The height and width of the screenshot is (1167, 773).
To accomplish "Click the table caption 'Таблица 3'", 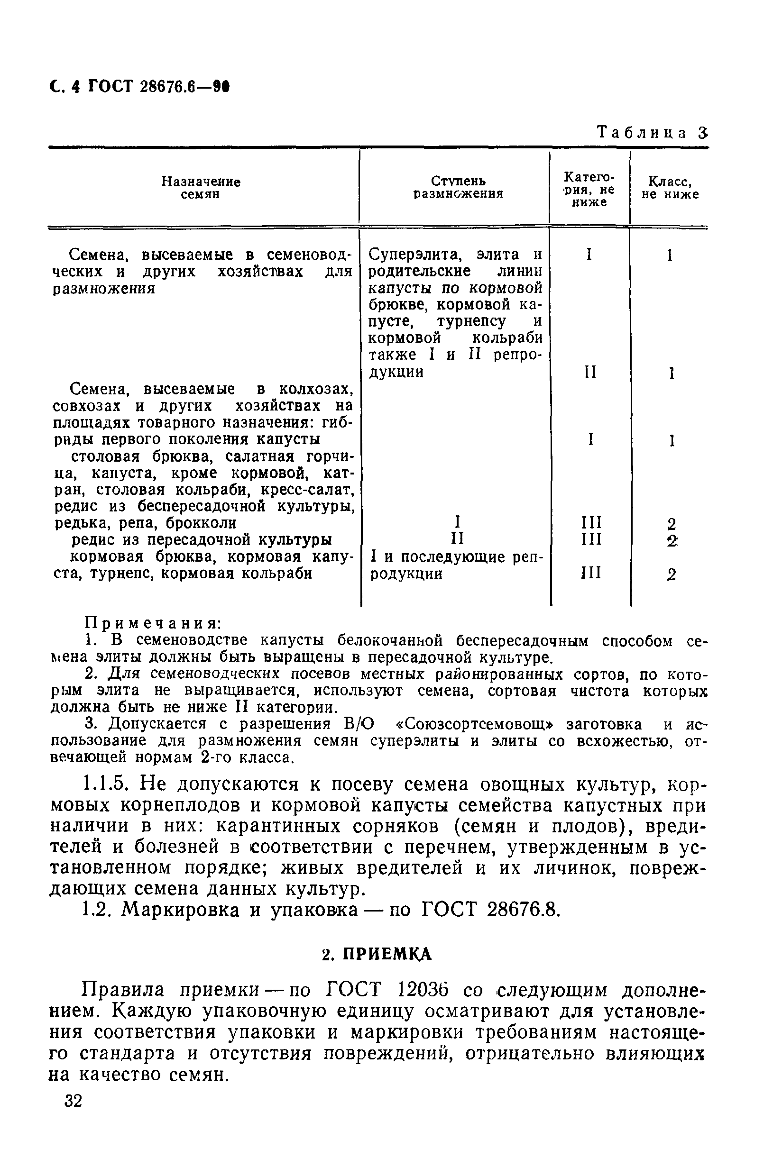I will (x=652, y=133).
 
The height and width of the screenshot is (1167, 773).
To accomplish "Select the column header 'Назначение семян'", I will (x=201, y=188).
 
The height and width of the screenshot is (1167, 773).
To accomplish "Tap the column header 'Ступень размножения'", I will (x=459, y=188).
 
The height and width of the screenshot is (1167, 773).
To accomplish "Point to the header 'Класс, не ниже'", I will (x=670, y=188).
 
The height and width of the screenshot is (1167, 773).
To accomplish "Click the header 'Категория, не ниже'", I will (x=589, y=190).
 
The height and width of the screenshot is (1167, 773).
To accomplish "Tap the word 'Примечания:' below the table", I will (x=153, y=623).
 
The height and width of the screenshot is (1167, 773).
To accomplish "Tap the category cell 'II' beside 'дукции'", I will (x=590, y=372).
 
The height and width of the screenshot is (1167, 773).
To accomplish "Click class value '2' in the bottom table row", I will (x=671, y=575).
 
